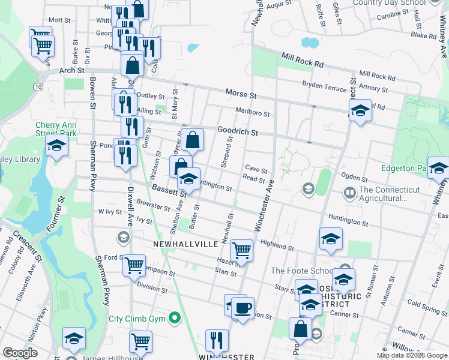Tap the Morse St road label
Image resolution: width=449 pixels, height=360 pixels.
pyautogui.click(x=241, y=94)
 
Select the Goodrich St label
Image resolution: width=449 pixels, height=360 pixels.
pyautogui.click(x=237, y=131)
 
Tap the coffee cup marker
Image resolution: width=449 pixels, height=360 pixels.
pyautogui.click(x=243, y=308)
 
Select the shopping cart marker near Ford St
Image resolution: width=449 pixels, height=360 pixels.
pyautogui.click(x=134, y=264)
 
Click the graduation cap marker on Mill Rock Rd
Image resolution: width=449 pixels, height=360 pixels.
pyautogui.click(x=360, y=110)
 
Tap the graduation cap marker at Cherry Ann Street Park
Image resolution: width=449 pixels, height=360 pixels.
pyautogui.click(x=56, y=145)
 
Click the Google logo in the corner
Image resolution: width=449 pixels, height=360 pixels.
pyautogui.click(x=20, y=353)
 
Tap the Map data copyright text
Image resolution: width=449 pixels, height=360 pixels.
pyautogui.click(x=411, y=355)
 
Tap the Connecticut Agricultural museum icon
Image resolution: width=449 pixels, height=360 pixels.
pyautogui.click(x=349, y=193)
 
